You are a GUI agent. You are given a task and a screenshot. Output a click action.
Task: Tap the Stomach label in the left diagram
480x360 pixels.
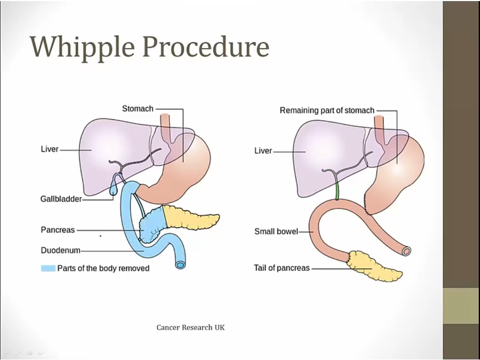coord(138,109)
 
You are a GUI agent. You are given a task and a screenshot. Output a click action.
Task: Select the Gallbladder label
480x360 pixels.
coord(61,199)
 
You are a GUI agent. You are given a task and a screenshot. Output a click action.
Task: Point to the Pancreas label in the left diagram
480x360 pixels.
coord(58,230)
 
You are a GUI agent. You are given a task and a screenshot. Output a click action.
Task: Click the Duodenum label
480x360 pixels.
coord(60,250)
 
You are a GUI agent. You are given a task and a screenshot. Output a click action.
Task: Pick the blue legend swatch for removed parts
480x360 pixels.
coord(48,268)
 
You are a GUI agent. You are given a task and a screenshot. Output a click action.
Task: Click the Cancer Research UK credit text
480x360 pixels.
coord(190,327)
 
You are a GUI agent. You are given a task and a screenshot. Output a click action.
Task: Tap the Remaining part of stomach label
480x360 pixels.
coord(327,110)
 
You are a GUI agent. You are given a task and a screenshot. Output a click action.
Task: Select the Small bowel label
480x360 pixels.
coord(276,231)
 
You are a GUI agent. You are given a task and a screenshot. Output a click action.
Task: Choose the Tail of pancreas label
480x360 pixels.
coord(282,268)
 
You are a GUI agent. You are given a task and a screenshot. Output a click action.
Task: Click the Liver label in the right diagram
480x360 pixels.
coord(263,151)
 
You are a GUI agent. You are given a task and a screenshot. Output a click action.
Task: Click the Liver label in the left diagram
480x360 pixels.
coord(50,149)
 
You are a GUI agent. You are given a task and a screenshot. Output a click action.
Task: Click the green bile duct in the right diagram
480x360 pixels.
coord(337,190)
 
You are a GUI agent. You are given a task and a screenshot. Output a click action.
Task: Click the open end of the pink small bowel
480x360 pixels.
coord(407,250)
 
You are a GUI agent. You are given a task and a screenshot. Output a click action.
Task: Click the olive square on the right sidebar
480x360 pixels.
coord(461,306)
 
